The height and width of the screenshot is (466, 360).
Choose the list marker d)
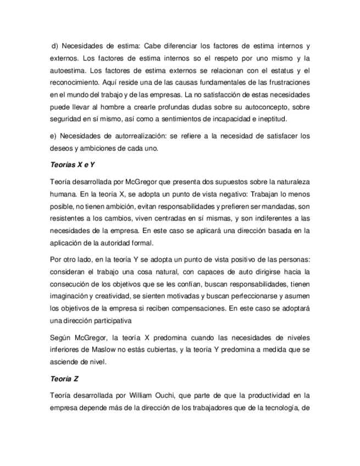[x=55, y=45]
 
